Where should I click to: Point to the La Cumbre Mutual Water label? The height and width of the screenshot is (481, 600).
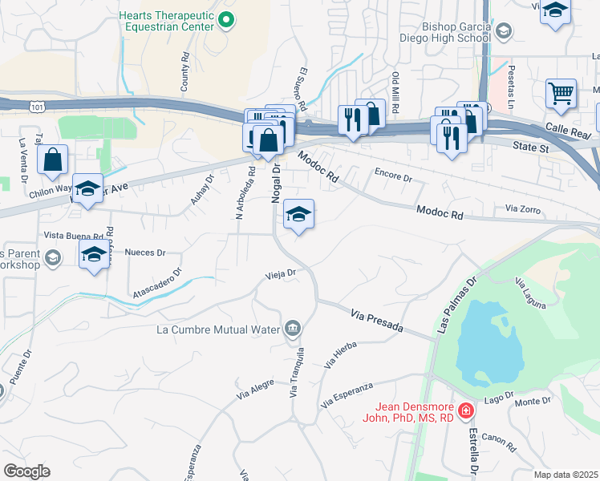218,328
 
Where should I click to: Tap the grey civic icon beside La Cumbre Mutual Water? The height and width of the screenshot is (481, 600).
293,328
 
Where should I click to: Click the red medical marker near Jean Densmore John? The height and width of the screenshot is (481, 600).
466,411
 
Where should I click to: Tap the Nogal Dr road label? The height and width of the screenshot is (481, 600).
275,183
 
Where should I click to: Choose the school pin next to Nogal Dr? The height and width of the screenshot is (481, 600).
299,214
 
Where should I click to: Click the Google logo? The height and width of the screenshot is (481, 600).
26,471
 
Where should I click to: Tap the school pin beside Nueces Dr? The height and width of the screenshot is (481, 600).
95,255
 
